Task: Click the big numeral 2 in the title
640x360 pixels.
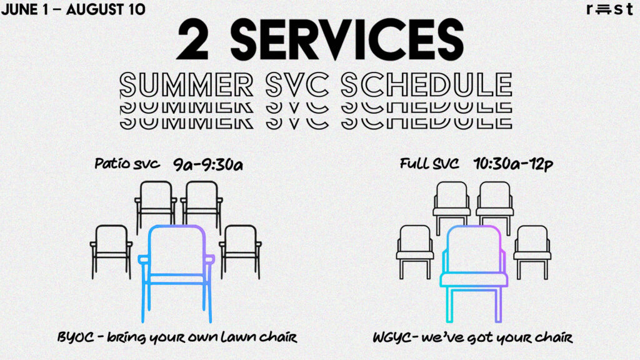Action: (x=192, y=39)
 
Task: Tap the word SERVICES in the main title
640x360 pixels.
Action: (x=347, y=39)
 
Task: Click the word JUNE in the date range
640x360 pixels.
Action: (x=19, y=9)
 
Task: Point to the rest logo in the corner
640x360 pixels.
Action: (x=610, y=9)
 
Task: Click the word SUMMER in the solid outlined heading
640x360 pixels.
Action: (x=186, y=85)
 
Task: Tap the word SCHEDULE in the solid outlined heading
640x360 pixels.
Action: (x=426, y=85)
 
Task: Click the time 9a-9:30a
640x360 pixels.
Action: (x=208, y=164)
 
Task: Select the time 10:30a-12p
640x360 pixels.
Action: (x=514, y=164)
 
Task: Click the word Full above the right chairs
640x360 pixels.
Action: (x=414, y=164)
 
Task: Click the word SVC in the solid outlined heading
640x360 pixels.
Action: (x=297, y=85)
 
